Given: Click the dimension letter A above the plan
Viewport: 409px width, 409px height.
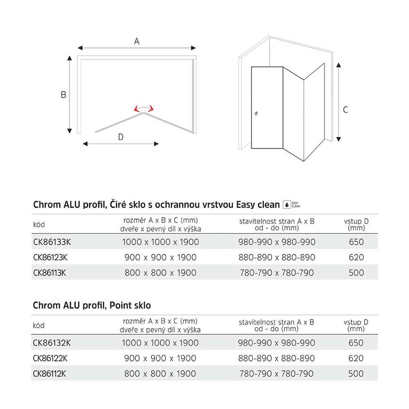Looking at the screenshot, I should tap(137, 42).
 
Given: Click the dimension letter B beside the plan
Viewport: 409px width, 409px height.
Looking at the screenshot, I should tap(63, 95).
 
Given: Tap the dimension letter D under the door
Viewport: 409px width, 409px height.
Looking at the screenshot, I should tap(121, 137).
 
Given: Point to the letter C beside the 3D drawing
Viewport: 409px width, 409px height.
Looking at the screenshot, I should tap(346, 109).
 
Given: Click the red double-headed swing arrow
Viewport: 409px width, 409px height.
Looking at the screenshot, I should tap(143, 108).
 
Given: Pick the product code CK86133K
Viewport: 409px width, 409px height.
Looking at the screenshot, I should tap(51, 242).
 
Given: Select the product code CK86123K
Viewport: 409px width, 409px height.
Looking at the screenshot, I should tap(51, 257).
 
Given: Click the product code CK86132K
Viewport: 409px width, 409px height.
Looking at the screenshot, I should tap(51, 343).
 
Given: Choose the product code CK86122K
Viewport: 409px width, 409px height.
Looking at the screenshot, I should tap(51, 358).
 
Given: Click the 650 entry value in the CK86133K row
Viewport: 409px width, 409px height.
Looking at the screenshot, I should tap(356, 242).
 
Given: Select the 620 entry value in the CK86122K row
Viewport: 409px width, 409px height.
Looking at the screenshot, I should tap(356, 358).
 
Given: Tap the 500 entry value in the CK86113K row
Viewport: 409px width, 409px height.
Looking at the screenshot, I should tap(356, 272).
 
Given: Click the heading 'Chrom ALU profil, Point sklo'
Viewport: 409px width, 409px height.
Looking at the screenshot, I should tap(92, 306).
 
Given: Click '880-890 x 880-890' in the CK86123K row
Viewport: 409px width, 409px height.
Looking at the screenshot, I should tap(278, 257).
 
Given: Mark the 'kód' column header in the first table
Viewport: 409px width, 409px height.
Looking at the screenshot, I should tap(39, 224).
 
